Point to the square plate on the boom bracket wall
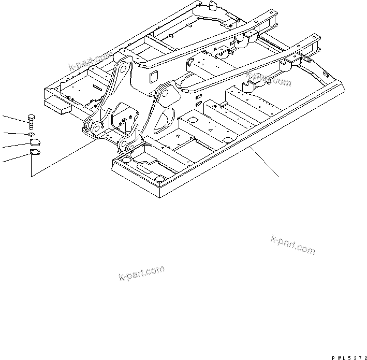click(x=154, y=77)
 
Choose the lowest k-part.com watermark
click(x=141, y=272)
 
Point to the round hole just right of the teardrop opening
click(x=193, y=120)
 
